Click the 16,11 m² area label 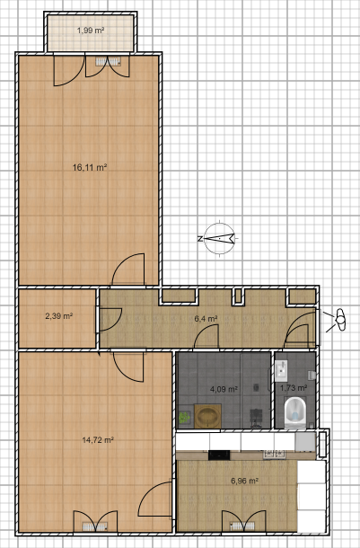click(90, 167)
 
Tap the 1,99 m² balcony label click(90, 31)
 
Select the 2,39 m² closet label click(58, 316)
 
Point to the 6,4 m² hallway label click(207, 318)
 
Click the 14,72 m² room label click(96, 440)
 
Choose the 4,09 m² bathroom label click(224, 390)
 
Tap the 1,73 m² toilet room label click(294, 388)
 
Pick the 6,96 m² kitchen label click(244, 481)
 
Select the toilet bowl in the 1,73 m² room click(294, 413)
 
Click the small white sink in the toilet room click(281, 367)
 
